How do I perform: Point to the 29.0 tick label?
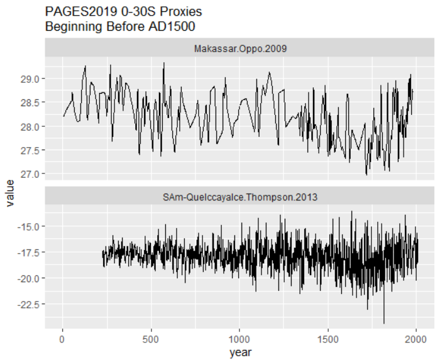point(30,79)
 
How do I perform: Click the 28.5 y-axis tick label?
point(30,102)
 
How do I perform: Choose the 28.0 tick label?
point(30,126)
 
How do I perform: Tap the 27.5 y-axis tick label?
point(30,150)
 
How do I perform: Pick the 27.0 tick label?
point(30,173)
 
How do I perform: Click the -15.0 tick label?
point(29,226)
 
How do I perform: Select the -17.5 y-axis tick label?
point(29,252)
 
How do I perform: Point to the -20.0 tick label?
point(29,278)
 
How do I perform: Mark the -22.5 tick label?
point(29,305)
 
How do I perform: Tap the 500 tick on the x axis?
point(151,338)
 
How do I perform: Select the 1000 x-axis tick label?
point(240,338)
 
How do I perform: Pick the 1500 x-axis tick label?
point(328,338)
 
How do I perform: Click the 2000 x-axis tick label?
point(416,338)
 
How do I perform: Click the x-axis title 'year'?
point(240,352)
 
